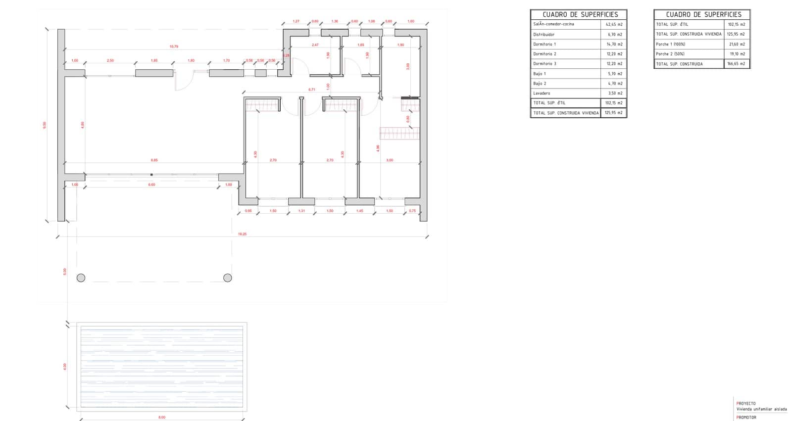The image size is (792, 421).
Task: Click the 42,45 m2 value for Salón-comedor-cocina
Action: (x=614, y=24)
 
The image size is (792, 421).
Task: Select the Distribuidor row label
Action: (x=544, y=35)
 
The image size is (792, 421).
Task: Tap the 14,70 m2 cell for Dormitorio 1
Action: (x=614, y=44)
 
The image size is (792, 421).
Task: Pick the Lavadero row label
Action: (x=542, y=93)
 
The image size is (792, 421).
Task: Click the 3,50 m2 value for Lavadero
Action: (x=615, y=93)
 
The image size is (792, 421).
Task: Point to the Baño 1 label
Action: (x=540, y=74)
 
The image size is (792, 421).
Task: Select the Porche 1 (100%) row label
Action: (x=670, y=44)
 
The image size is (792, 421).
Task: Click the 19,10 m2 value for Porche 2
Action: (x=737, y=54)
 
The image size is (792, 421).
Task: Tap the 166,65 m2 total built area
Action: (x=737, y=64)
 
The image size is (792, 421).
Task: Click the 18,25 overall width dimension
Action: (x=242, y=234)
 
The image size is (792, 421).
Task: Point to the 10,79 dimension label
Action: (x=174, y=47)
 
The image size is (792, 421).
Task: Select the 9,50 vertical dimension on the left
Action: (x=45, y=125)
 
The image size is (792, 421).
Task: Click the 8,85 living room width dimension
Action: (x=154, y=160)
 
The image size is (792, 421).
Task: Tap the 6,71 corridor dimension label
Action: (x=311, y=90)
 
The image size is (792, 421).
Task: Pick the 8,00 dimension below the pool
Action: (x=162, y=418)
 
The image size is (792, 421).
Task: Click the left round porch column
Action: (x=81, y=278)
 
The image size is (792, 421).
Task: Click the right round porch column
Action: (x=228, y=278)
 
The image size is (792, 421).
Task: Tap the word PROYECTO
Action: (x=746, y=404)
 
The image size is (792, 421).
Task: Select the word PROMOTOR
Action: (x=746, y=418)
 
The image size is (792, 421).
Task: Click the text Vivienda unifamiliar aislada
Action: (x=761, y=409)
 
